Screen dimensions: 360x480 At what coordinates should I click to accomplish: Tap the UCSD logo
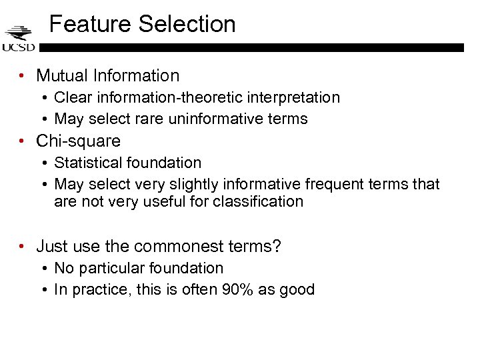point(19,39)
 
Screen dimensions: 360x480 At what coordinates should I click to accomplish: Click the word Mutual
point(63,76)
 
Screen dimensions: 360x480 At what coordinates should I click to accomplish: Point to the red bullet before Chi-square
point(23,141)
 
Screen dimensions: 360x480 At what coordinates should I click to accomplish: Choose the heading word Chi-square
point(78,141)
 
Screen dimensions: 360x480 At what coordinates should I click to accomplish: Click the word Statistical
point(91,163)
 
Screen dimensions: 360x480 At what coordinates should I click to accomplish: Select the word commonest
point(175,247)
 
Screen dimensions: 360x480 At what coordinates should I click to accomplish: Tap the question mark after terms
point(277,247)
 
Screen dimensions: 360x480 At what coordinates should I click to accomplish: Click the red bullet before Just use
point(23,247)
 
